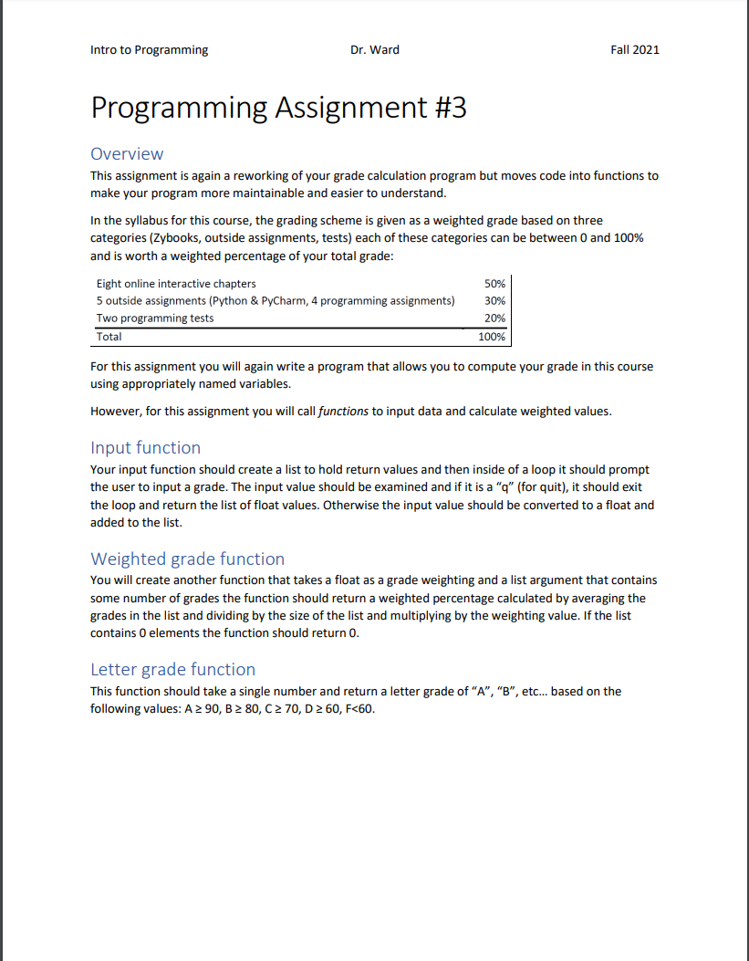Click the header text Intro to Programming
coord(150,49)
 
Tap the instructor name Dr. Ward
coord(374,49)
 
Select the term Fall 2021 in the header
coord(634,49)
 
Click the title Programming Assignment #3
coord(278,108)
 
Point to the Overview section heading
coord(127,153)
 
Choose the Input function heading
coord(145,447)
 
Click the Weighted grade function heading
coord(187,559)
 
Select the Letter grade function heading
coord(172,669)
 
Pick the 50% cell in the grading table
coord(494,284)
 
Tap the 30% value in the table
coord(494,301)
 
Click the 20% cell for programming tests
coord(494,319)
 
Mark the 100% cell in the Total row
coord(492,337)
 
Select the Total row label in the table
coord(109,337)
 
